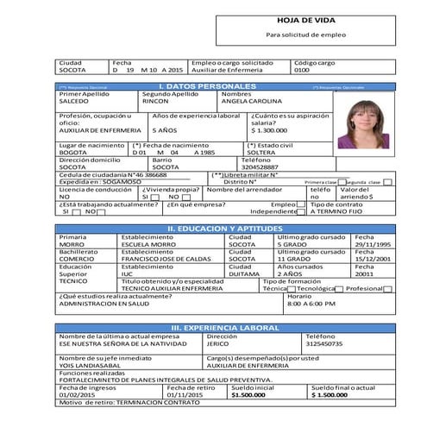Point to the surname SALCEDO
point(73,101)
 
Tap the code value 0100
point(302,70)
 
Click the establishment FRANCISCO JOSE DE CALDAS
point(166,259)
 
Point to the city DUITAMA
point(243,273)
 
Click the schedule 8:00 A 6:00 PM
point(311,304)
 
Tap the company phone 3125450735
point(324,343)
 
